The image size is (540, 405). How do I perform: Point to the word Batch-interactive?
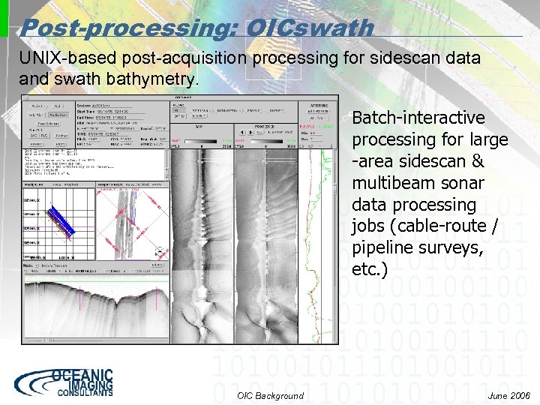418,118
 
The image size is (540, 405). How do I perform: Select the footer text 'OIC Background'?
270,396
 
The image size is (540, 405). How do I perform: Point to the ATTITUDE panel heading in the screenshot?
318,106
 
